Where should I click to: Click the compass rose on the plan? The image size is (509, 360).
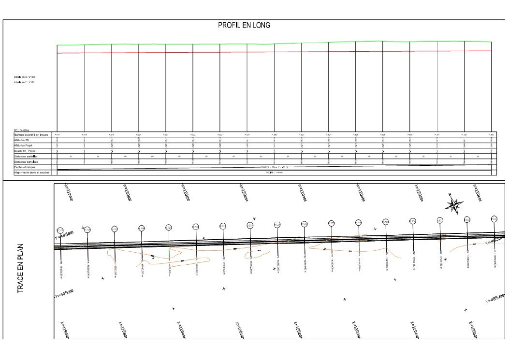[x=454, y=204]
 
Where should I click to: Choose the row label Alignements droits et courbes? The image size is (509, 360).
[x=31, y=173]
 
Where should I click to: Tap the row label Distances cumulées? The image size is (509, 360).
[x=26, y=162]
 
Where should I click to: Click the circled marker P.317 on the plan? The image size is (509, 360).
[x=60, y=230]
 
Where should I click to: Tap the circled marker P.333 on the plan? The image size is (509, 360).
[x=494, y=219]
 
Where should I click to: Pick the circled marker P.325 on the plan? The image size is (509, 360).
[x=277, y=225]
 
